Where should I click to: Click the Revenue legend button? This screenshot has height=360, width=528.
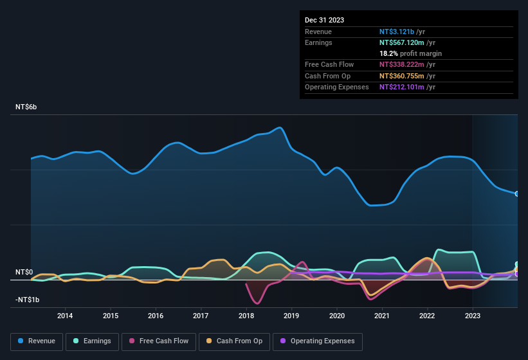pos(37,341)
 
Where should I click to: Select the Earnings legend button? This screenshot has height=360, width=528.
pos(92,341)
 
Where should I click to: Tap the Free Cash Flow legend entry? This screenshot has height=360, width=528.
pos(158,341)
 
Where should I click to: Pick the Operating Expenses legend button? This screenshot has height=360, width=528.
pos(318,341)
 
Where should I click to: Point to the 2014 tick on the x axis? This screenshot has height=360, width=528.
pos(65,316)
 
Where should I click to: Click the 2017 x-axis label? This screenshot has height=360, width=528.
pos(201,316)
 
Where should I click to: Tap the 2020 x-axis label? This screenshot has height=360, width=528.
pos(337,316)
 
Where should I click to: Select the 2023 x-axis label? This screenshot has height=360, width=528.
pos(473,316)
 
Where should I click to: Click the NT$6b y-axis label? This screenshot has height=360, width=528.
pos(26,107)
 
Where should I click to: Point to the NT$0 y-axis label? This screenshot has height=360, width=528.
pos(24,273)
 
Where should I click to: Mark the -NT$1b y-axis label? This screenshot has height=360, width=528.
pos(26,300)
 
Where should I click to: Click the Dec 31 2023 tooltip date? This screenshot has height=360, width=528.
pos(325,20)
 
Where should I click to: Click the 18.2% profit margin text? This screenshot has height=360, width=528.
pos(410,53)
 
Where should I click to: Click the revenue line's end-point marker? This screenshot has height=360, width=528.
pos(516,194)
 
